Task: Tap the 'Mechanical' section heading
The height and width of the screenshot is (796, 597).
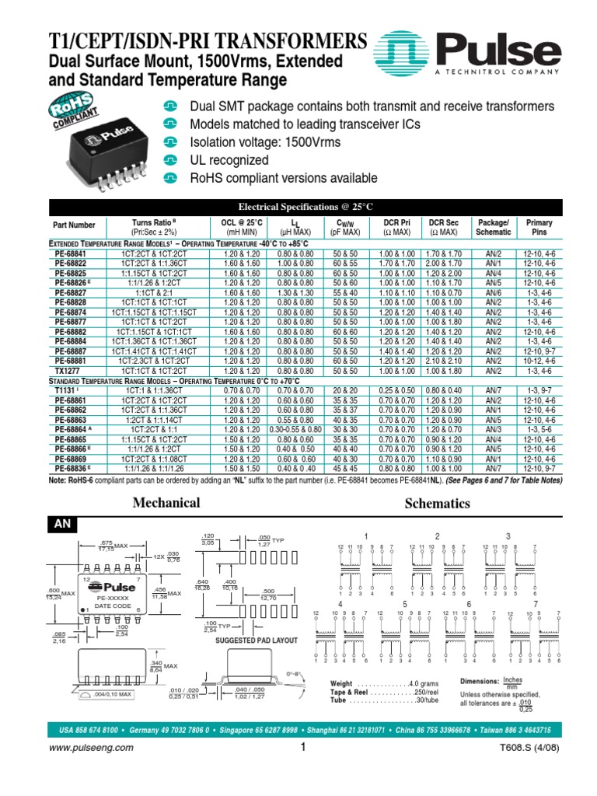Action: coord(166,502)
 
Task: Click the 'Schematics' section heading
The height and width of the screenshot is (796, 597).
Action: coord(438,503)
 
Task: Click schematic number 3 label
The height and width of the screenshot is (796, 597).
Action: coord(508,536)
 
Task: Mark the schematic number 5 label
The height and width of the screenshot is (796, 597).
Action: coord(404,604)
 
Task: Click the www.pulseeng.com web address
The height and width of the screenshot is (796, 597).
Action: coord(91,747)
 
